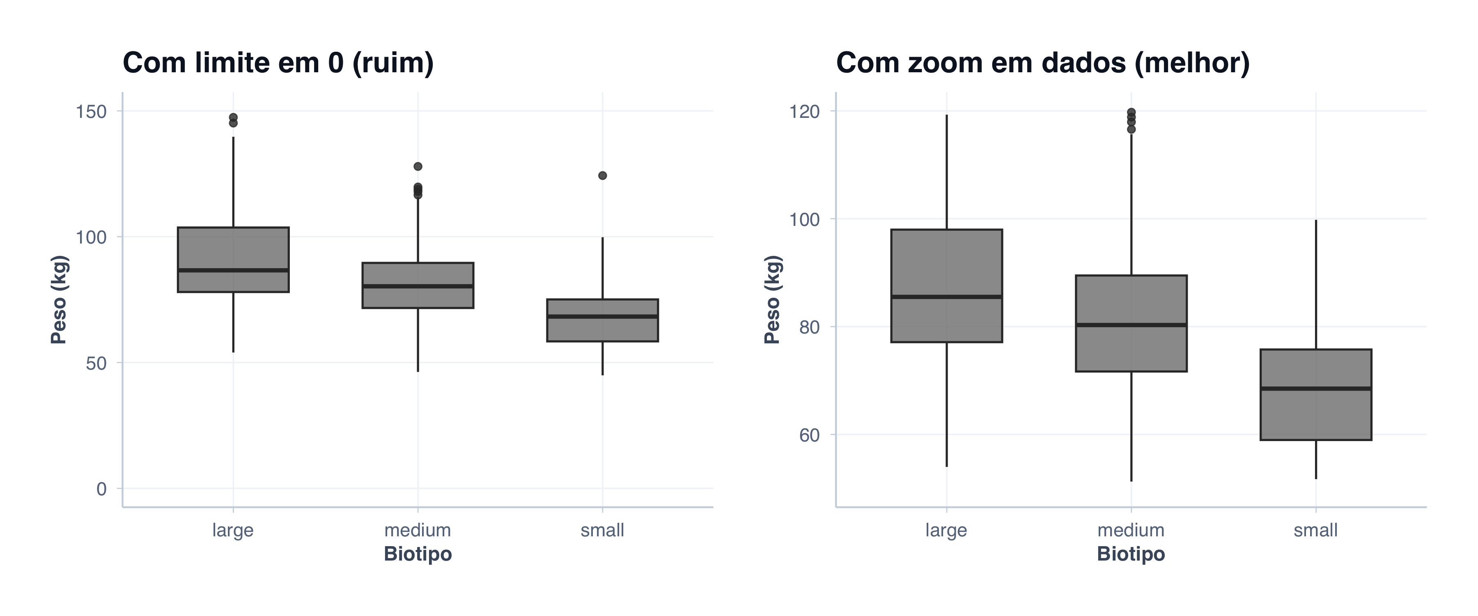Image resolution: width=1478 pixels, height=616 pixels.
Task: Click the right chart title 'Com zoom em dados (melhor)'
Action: point(1042,62)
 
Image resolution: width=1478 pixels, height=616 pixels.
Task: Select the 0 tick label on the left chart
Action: point(101,489)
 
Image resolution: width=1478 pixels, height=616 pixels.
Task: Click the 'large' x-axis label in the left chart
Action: point(232,530)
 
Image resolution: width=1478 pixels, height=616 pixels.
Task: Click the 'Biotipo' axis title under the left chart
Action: point(418,554)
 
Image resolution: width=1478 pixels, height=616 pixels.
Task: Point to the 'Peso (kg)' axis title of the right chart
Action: point(772,300)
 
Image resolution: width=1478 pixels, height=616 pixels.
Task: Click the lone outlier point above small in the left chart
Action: point(602,176)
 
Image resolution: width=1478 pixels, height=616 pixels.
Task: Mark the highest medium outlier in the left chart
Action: point(418,166)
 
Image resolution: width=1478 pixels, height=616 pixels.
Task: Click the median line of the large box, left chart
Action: point(233,270)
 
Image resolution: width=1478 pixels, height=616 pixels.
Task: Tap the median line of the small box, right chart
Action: point(1316,388)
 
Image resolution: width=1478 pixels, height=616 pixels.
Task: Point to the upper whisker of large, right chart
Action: point(946,172)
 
